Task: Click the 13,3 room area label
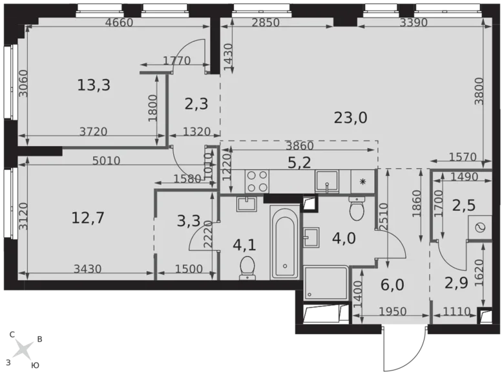[x=94, y=84]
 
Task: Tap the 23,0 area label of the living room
[x=351, y=117]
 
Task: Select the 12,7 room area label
[x=88, y=217]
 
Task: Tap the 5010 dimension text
[x=106, y=161]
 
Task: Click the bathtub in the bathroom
[x=284, y=242]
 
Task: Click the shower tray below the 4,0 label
[x=327, y=283]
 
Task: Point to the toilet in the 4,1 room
[x=247, y=267]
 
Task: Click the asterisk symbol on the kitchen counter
[x=363, y=182]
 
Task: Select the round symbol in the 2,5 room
[x=481, y=228]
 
